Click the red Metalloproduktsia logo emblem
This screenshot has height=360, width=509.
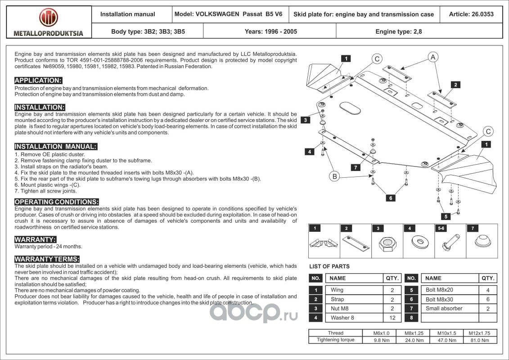pos(48,18)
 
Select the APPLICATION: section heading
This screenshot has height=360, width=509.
pos(38,81)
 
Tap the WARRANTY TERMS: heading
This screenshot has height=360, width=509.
pos(47,259)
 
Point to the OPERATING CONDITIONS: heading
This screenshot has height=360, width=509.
pos(57,202)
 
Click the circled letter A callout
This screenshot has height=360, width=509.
pos(432,57)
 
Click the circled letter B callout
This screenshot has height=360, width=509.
pos(335,176)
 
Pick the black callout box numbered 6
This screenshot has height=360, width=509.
pos(391,198)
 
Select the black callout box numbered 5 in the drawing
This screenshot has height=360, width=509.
pos(446,216)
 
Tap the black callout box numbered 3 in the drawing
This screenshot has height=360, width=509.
pos(305,120)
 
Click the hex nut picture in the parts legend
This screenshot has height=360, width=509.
pos(387,244)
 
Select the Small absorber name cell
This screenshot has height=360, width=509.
pos(444,308)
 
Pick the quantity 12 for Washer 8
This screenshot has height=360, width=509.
pos(392,318)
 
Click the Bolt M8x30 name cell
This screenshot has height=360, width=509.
pos(439,299)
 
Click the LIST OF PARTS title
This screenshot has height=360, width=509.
pos(329,266)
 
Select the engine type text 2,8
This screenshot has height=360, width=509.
pos(418,31)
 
